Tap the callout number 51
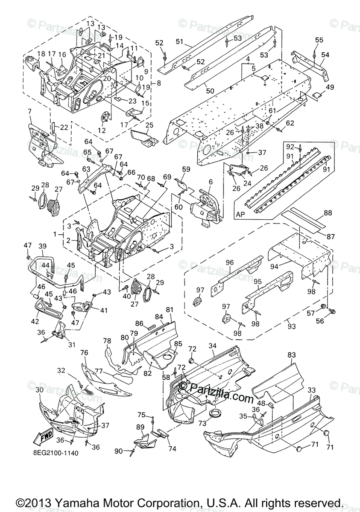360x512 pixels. click(x=179, y=41)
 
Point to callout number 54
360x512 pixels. click(x=325, y=55)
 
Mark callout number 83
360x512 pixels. click(x=292, y=355)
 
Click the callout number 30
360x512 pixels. click(x=39, y=390)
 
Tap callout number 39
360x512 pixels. click(x=42, y=246)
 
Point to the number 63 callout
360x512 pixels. click(x=86, y=169)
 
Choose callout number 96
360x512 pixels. click(x=230, y=263)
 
